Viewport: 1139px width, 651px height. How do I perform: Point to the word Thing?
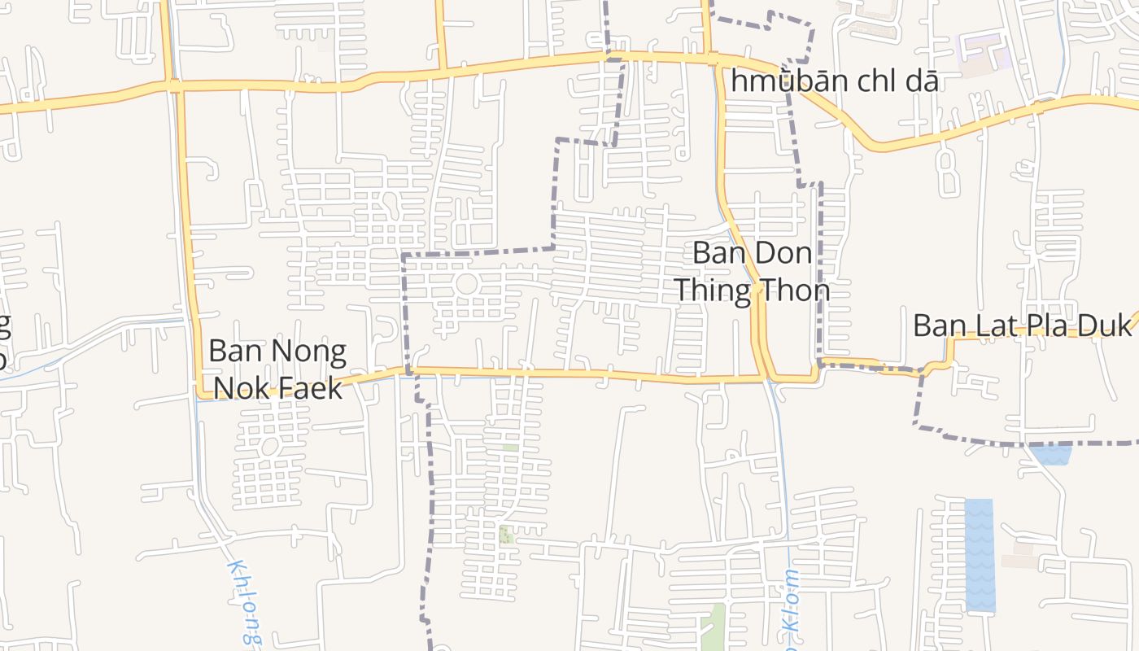click(x=713, y=291)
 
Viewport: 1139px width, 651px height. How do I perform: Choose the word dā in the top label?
click(x=923, y=81)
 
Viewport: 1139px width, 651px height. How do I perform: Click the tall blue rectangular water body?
click(x=980, y=555)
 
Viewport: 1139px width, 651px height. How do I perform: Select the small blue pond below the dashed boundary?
click(x=1051, y=455)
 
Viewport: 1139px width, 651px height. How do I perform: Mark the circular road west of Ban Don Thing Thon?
click(x=466, y=285)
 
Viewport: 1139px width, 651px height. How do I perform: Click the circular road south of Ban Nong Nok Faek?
click(x=270, y=447)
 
